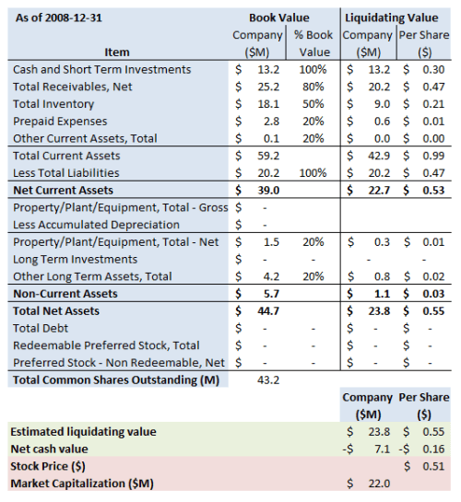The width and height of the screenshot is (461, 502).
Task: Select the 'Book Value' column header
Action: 279,18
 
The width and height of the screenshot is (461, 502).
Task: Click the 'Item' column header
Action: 117,52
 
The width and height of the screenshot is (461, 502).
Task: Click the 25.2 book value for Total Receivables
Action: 268,87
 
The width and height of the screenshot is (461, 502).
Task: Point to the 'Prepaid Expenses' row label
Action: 60,121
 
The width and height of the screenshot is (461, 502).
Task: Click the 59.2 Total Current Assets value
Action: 268,156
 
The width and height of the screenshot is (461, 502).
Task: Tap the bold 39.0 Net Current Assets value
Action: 267,190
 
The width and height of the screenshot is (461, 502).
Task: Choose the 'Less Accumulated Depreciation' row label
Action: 97,224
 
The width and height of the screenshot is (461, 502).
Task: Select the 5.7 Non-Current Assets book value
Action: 271,293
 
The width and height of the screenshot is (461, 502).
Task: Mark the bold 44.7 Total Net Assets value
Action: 267,310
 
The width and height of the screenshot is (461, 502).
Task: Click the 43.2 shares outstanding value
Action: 267,379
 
